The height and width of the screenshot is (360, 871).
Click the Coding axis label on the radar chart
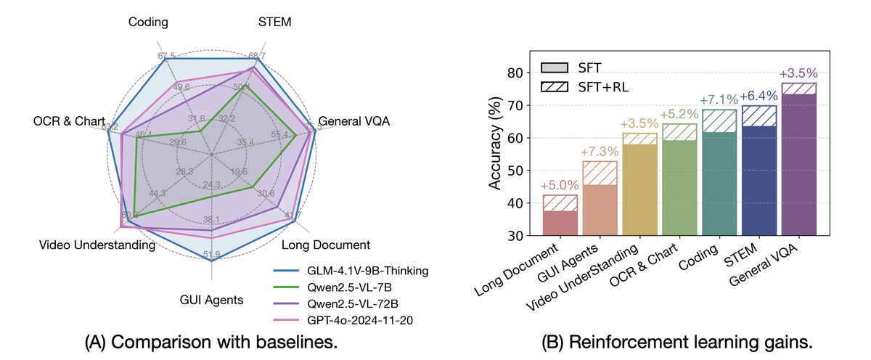149,22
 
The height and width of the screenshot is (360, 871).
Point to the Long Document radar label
326,245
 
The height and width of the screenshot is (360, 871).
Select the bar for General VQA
799,160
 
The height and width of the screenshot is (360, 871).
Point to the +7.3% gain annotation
600,152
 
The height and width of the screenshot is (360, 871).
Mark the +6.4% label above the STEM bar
759,96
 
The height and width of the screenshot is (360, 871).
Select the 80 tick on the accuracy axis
516,73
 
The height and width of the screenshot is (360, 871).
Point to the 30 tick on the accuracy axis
516,236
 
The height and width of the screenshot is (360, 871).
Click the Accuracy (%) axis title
496,154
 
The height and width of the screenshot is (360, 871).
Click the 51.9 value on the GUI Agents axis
211,254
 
